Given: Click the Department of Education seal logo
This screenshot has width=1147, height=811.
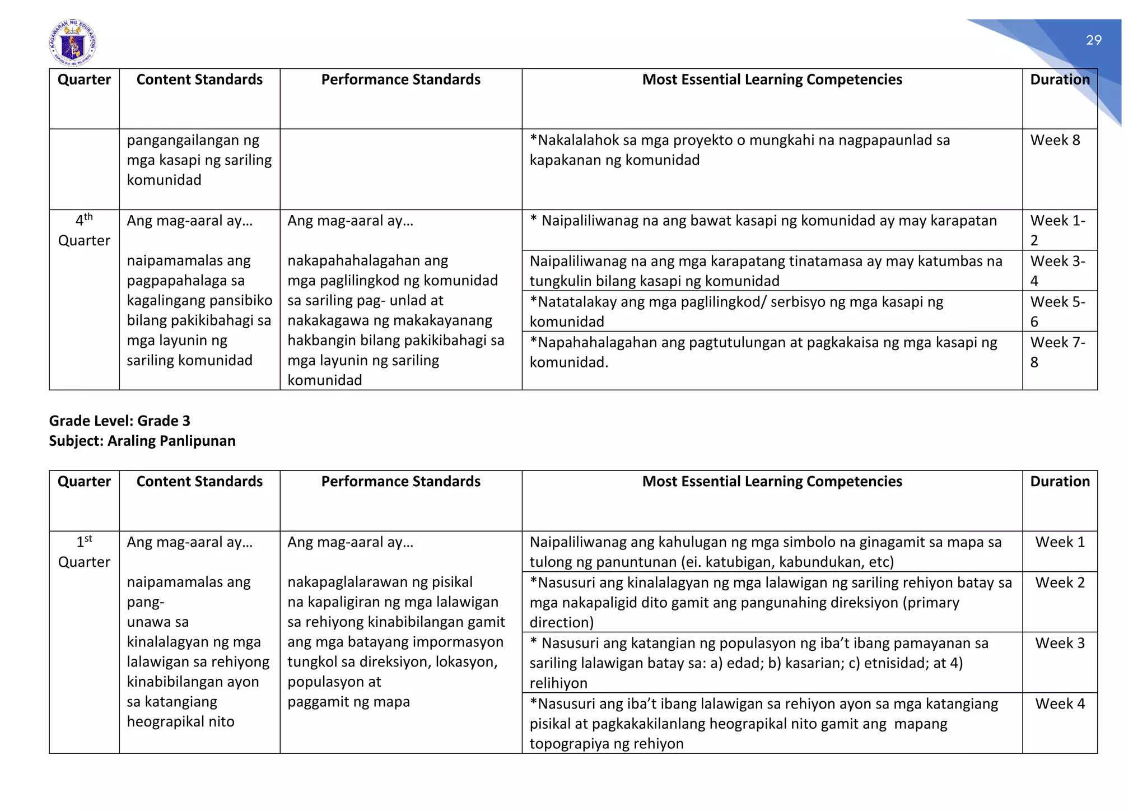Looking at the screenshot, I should tap(72, 43).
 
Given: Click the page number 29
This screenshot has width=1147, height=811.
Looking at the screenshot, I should tap(1093, 40).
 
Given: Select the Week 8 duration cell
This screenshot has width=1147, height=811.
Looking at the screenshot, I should tap(1055, 140).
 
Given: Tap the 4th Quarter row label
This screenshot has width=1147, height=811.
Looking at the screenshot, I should tap(84, 230).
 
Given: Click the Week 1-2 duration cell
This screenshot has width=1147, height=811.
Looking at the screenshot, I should tap(1057, 230).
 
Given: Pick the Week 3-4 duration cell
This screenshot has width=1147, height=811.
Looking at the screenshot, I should tap(1057, 271).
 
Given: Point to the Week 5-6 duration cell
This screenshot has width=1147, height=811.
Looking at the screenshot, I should tap(1057, 311).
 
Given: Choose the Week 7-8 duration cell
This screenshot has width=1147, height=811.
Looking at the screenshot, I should tap(1057, 352).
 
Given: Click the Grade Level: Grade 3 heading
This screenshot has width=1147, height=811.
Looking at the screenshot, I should tap(119, 421).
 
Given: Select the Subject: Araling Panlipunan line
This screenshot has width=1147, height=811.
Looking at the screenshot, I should tap(142, 441).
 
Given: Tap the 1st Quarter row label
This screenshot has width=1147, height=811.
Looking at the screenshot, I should tap(84, 552).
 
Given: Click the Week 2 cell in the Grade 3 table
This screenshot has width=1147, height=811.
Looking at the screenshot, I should tap(1060, 582).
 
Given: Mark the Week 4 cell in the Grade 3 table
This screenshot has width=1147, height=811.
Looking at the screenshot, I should tap(1060, 704).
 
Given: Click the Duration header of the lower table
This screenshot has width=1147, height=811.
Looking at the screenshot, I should tap(1060, 482).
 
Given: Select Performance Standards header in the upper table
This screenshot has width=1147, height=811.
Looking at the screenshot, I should tap(400, 80).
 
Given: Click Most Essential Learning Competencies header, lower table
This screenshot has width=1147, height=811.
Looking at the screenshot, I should tap(772, 482).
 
